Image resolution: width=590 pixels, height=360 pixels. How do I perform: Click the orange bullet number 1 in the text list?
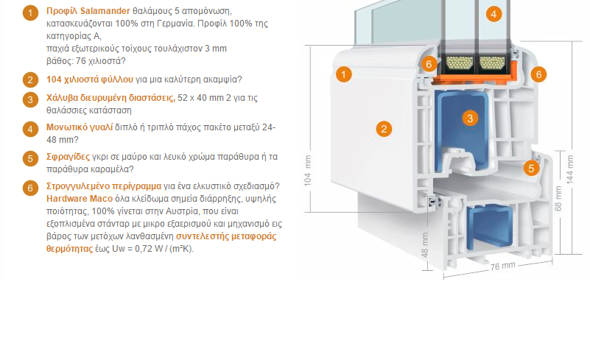30,13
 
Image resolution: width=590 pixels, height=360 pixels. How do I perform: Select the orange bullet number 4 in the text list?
30,129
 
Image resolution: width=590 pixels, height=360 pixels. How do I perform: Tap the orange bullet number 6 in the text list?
30,188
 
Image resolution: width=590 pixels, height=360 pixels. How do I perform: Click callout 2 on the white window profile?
384,129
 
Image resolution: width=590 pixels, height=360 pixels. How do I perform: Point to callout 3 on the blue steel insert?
470,119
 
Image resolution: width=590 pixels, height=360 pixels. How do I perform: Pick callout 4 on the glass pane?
494,14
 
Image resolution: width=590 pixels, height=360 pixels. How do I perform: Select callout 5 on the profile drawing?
531,168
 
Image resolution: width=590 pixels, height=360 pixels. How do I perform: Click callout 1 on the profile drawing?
343,74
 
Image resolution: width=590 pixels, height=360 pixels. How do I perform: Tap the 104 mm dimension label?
308,171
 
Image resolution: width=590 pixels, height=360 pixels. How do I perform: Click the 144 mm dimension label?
569,169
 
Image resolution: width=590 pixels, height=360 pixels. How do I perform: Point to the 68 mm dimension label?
558,198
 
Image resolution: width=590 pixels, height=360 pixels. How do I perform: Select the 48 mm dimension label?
425,245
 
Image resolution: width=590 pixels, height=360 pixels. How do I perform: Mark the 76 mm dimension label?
502,266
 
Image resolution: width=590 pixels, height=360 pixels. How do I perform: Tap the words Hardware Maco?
80,199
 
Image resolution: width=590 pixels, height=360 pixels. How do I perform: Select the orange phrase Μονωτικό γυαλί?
80,127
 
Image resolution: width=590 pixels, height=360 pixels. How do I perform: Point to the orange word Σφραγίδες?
68,157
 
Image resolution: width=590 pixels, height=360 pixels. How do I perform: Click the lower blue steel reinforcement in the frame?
490,227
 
